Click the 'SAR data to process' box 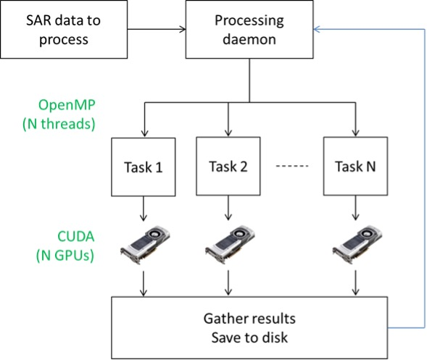pos(64,29)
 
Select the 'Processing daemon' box pos(249,29)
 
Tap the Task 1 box pos(144,167)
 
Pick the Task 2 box pos(228,167)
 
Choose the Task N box pos(355,167)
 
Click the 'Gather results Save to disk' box pos(249,327)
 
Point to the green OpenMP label pos(67,105)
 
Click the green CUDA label pos(76,236)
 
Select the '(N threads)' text pos(59,124)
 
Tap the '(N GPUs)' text pos(65,256)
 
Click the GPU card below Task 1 pos(145,244)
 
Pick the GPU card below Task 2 pos(230,244)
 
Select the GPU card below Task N pos(357,244)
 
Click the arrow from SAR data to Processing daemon pos(157,29)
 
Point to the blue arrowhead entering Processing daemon pos(317,29)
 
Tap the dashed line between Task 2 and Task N pos(292,166)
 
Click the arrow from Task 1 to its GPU pos(144,209)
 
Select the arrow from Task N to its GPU pos(355,208)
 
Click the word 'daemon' pos(249,39)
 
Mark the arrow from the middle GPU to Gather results pos(228,283)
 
